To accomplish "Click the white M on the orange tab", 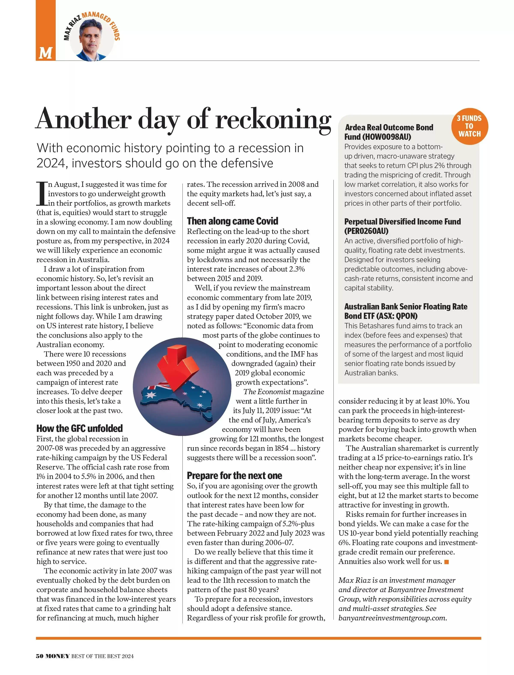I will (45, 53).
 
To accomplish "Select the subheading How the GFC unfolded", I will (79, 428).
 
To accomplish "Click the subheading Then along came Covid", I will (233, 221).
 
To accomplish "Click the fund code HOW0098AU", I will (386, 137).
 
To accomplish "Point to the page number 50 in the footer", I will (39, 656).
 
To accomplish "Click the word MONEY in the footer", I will (58, 656).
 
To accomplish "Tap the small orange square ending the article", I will (446, 562).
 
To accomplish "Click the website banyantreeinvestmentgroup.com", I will (392, 618).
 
